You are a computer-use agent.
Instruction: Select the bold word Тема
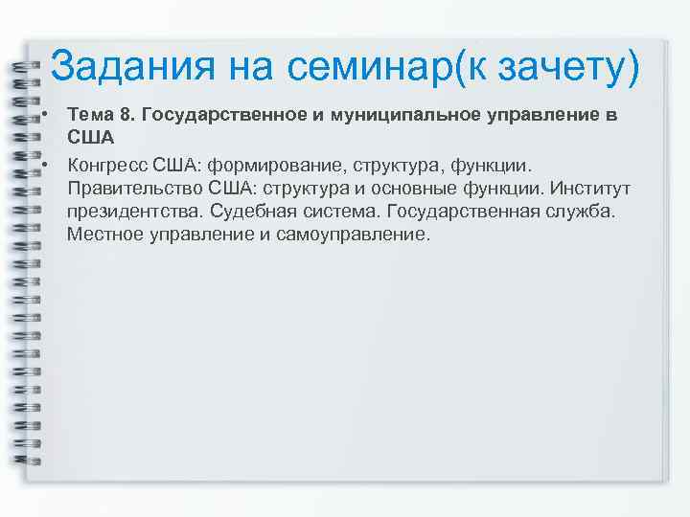tap(89, 115)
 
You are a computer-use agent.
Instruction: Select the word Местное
tap(105, 234)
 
